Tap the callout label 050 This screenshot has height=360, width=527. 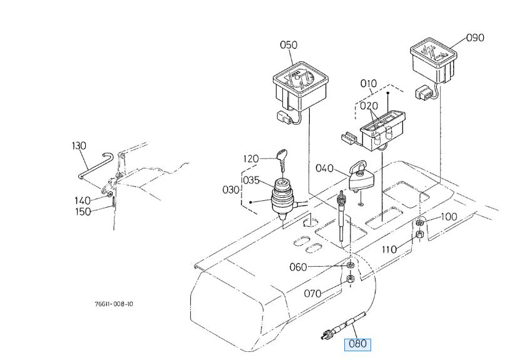289,45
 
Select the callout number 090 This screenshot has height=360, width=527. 475,38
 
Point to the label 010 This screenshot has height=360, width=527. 369,83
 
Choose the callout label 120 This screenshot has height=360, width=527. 251,159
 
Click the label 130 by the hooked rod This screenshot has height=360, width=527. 79,146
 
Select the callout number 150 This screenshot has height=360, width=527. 82,212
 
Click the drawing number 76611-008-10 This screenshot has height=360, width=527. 114,304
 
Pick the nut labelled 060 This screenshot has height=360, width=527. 350,265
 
